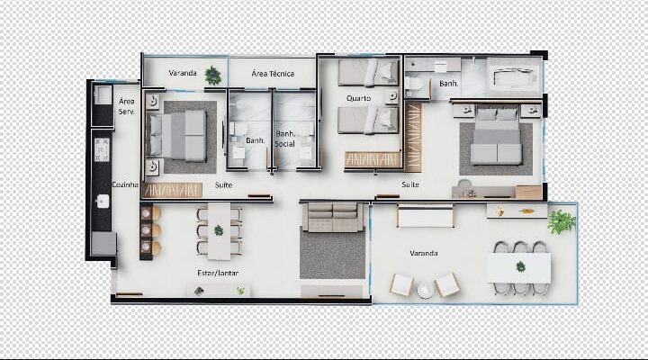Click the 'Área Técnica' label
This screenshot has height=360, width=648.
(273, 74)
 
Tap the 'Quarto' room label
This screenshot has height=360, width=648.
(358, 98)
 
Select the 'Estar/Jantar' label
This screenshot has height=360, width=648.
(218, 274)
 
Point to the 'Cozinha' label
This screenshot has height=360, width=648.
(125, 184)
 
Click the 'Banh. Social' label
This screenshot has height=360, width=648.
(285, 139)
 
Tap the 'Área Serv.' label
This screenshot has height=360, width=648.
(127, 106)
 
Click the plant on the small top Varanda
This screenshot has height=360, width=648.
(212, 76)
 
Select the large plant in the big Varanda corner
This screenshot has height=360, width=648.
(562, 221)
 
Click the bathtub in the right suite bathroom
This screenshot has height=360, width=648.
(514, 76)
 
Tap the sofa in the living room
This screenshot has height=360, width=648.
(333, 218)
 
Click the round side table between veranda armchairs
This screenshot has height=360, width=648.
(425, 291)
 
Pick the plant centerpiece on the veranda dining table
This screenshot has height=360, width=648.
(520, 267)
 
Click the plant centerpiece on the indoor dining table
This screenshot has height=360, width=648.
(219, 230)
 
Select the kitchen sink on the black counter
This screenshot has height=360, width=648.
(102, 202)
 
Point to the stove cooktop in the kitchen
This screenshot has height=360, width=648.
(102, 149)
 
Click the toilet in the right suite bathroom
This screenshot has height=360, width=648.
(414, 85)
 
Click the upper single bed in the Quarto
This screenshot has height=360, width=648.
(368, 73)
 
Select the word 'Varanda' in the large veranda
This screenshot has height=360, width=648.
(424, 253)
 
